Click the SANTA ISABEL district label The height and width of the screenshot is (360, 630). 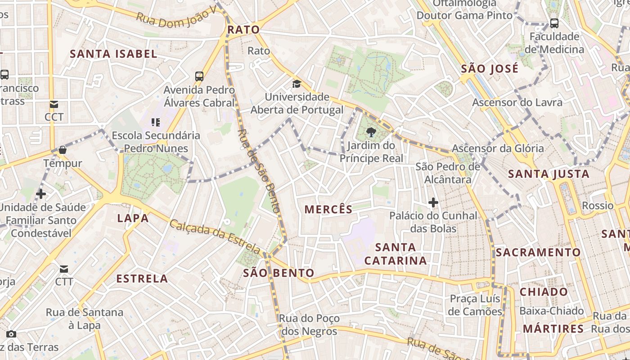[113, 54]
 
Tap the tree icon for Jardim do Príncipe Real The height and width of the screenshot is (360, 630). [371, 132]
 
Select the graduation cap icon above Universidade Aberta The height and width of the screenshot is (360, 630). [297, 84]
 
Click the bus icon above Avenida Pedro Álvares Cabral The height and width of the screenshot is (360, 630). [199, 76]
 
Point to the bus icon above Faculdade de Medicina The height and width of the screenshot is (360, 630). [554, 23]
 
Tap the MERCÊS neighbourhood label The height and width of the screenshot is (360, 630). [328, 209]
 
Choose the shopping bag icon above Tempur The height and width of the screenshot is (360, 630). [63, 150]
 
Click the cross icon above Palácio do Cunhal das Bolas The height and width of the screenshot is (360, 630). [433, 203]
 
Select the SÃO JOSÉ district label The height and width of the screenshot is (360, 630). [490, 69]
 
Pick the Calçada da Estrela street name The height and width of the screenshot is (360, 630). [215, 236]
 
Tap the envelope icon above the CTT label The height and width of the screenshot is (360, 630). [63, 269]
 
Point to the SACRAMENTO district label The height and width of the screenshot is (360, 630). [538, 252]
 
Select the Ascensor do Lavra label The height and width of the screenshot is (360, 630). [517, 103]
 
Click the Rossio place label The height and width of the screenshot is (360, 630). [598, 206]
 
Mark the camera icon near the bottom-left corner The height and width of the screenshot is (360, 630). [11, 334]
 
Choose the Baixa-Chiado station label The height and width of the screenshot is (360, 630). [552, 311]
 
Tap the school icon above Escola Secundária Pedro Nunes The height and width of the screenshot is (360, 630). [156, 122]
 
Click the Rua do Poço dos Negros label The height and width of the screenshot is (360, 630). [309, 325]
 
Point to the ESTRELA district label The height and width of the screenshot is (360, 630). [142, 279]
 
